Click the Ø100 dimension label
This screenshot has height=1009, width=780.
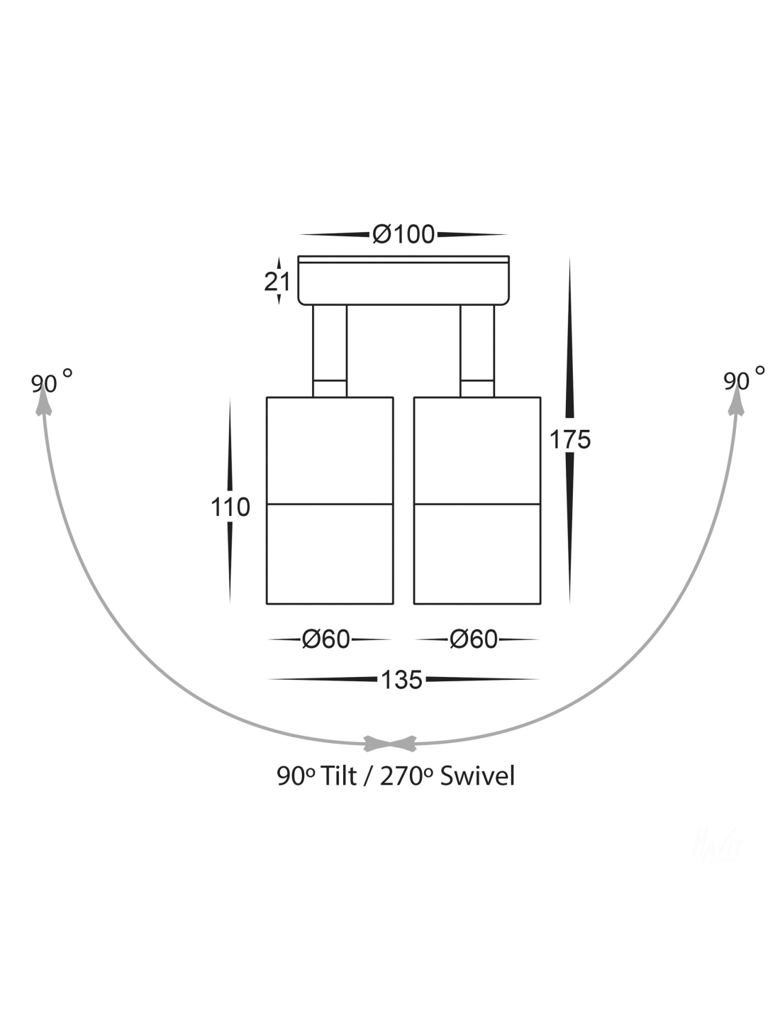pos(403,234)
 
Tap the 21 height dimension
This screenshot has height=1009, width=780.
pos(277,282)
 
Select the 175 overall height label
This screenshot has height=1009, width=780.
pos(570,439)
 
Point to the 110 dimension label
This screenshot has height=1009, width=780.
pos(230,507)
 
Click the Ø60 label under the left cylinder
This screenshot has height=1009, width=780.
pos(325,639)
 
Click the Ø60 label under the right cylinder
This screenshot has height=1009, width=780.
pos(474,639)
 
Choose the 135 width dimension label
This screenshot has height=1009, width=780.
pos(401,680)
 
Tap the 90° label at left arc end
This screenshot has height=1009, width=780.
pos(52,382)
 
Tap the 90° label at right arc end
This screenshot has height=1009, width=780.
pos(744,380)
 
